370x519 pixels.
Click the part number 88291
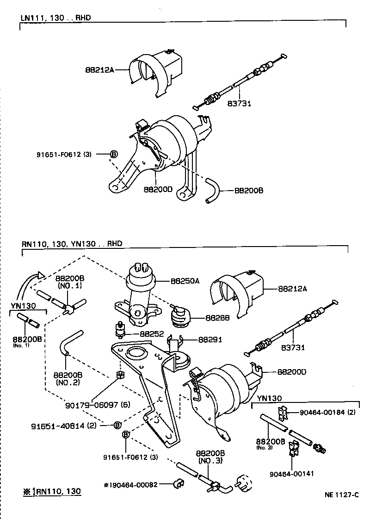click(x=210, y=339)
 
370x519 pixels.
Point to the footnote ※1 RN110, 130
click(x=52, y=492)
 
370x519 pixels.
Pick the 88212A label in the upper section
click(x=99, y=70)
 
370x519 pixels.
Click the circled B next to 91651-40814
click(x=117, y=425)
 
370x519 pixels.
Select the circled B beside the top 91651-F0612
click(x=113, y=154)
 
